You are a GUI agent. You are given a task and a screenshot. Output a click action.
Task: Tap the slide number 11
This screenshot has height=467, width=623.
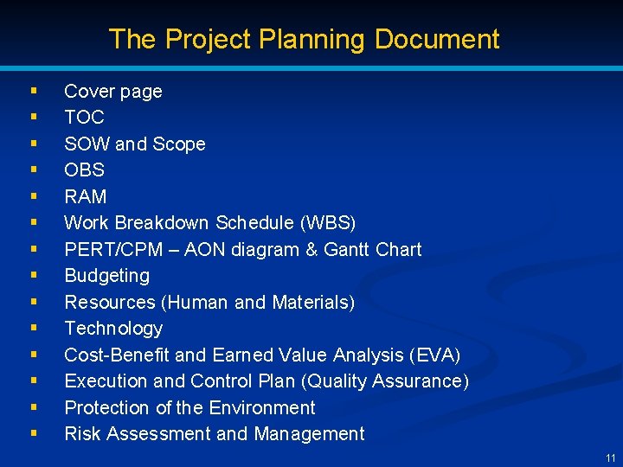tap(611, 457)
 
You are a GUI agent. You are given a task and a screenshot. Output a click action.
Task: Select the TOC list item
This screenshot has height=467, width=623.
tap(84, 118)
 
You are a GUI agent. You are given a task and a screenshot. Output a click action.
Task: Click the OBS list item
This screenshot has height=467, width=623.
tap(84, 170)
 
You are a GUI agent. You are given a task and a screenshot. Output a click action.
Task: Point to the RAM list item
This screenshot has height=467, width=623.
tap(86, 196)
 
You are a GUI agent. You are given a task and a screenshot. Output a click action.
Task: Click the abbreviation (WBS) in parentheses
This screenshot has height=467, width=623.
tap(328, 223)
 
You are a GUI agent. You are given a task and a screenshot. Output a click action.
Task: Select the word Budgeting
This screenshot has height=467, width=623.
tap(106, 276)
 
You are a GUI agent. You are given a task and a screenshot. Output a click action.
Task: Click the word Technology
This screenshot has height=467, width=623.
tap(113, 329)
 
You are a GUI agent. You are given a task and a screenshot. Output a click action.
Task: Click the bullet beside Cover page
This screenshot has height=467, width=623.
tap(33, 89)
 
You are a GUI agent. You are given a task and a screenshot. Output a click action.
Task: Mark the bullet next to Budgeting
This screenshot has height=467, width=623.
tap(33, 274)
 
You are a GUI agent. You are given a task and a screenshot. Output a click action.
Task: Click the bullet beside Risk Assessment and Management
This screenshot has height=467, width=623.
tap(33, 432)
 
